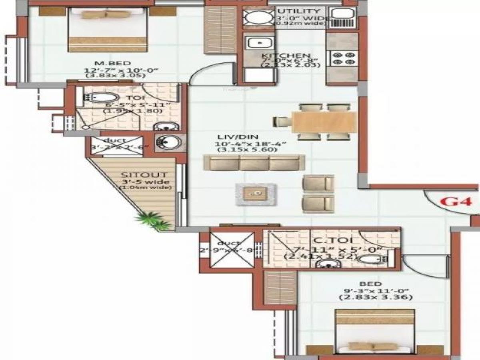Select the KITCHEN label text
[x=286, y=56]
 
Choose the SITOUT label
[x=144, y=175]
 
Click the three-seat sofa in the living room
[x=254, y=163]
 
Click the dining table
[x=324, y=122]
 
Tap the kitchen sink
[x=259, y=42]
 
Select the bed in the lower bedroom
[x=374, y=332]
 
